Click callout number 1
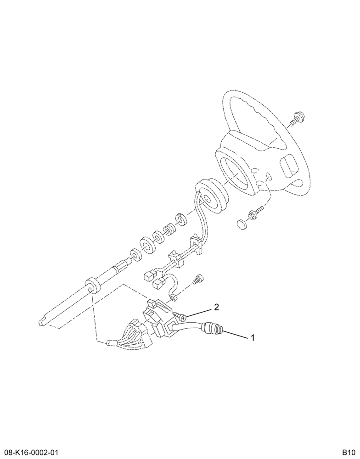point(252,338)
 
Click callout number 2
point(216,307)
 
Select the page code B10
point(349,452)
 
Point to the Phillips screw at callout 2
point(179,315)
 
